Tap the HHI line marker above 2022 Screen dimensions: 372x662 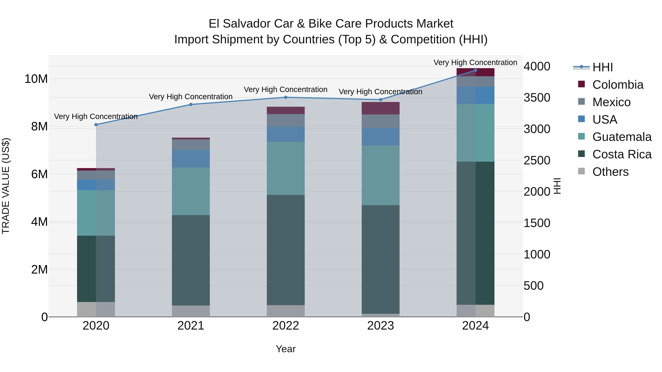click(x=286, y=97)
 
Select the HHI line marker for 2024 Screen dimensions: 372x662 click(x=475, y=70)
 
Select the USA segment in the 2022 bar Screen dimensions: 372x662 click(x=286, y=134)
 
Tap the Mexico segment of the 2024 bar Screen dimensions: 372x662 click(x=475, y=81)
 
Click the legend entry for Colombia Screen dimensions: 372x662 click(x=617, y=85)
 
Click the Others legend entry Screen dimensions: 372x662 click(x=610, y=172)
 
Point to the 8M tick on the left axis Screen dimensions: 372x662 click(x=39, y=127)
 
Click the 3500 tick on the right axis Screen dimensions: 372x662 click(x=537, y=98)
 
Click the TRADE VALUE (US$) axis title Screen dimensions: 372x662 click(x=6, y=186)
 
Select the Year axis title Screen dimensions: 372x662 click(x=286, y=349)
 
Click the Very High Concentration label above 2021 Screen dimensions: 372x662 click(x=191, y=97)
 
